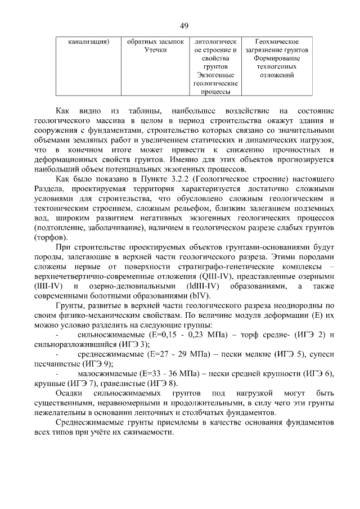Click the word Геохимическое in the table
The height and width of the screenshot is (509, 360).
pyautogui.click(x=277, y=42)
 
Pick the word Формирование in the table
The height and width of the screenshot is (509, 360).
pyautogui.click(x=277, y=58)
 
